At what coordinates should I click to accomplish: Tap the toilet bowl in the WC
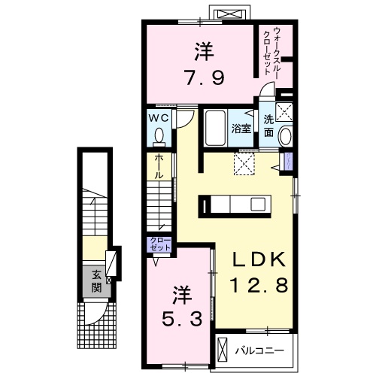click(x=159, y=136)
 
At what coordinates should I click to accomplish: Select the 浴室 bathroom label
click(x=240, y=129)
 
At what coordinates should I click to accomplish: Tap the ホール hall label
click(x=159, y=166)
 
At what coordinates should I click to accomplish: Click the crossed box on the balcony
click(x=223, y=349)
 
